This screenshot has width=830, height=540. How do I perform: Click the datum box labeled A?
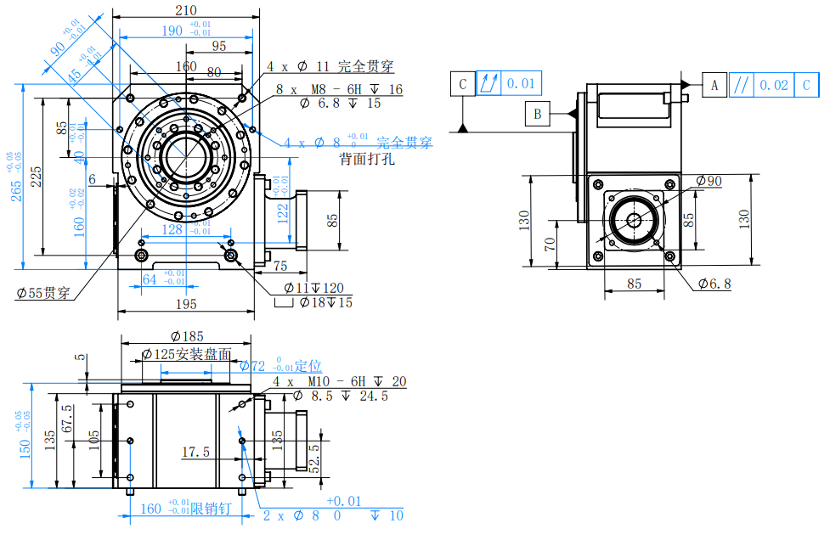tap(714, 85)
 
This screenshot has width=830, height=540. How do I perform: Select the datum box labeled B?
tap(537, 113)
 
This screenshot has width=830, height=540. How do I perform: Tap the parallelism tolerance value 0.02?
tap(773, 85)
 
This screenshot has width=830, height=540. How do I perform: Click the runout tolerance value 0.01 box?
tap(521, 83)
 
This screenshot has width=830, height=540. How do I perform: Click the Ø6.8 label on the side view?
tap(714, 284)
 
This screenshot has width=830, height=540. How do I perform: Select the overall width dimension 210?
tap(186, 10)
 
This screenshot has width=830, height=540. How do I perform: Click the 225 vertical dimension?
tap(36, 176)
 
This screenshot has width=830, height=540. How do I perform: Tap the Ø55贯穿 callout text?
tap(42, 293)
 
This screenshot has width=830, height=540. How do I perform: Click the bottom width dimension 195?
tap(185, 304)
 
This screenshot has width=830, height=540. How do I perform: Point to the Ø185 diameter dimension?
tap(187, 337)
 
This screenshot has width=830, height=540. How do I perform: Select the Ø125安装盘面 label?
tap(187, 354)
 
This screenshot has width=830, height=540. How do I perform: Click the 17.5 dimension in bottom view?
tap(195, 453)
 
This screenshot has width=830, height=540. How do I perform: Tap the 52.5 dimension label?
tap(314, 458)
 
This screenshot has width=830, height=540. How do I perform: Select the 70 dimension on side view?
tap(549, 247)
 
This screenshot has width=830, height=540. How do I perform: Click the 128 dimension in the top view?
tap(172, 229)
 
